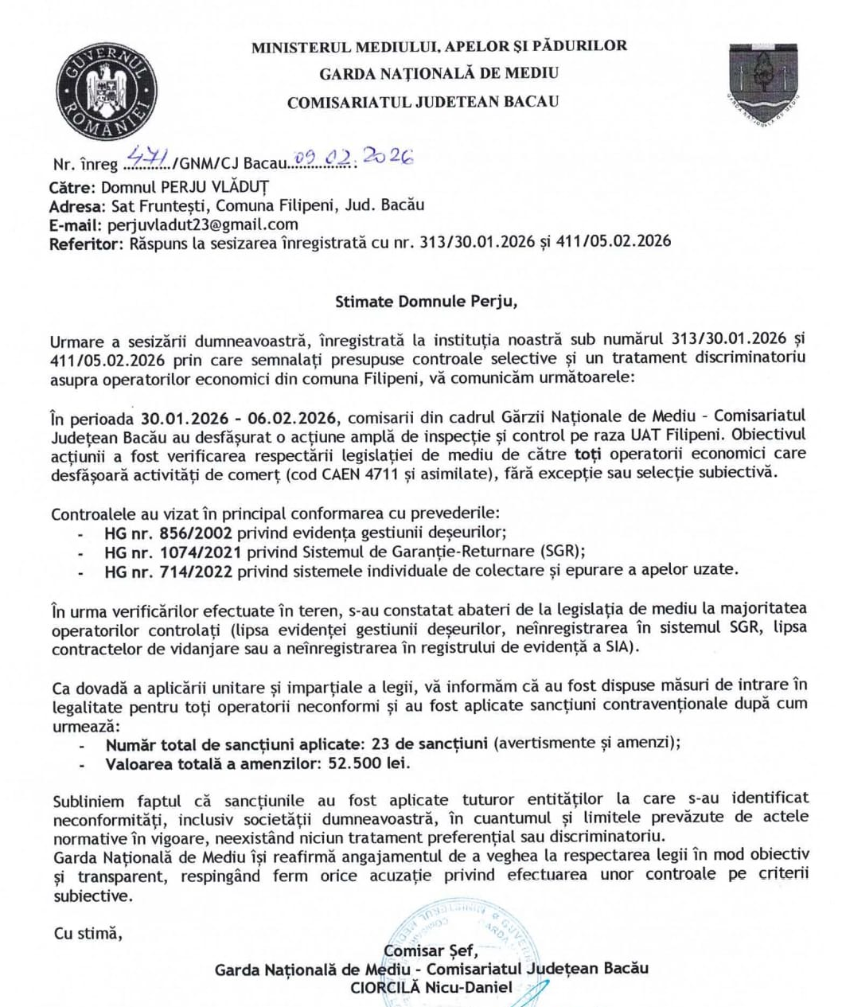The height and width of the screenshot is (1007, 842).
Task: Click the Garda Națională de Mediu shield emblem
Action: (763, 82)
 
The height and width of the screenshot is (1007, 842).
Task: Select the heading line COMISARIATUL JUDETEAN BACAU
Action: (423, 102)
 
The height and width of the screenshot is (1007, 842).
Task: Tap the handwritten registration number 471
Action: (148, 159)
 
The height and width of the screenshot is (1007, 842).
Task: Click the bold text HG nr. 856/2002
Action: (168, 533)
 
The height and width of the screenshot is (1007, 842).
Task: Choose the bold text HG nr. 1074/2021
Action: (173, 552)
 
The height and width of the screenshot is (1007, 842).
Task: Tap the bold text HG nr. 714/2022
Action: (168, 571)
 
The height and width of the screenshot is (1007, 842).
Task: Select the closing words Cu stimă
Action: (88, 933)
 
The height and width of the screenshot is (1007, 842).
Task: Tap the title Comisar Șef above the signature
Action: (430, 950)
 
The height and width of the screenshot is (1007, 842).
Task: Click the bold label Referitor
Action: (84, 244)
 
